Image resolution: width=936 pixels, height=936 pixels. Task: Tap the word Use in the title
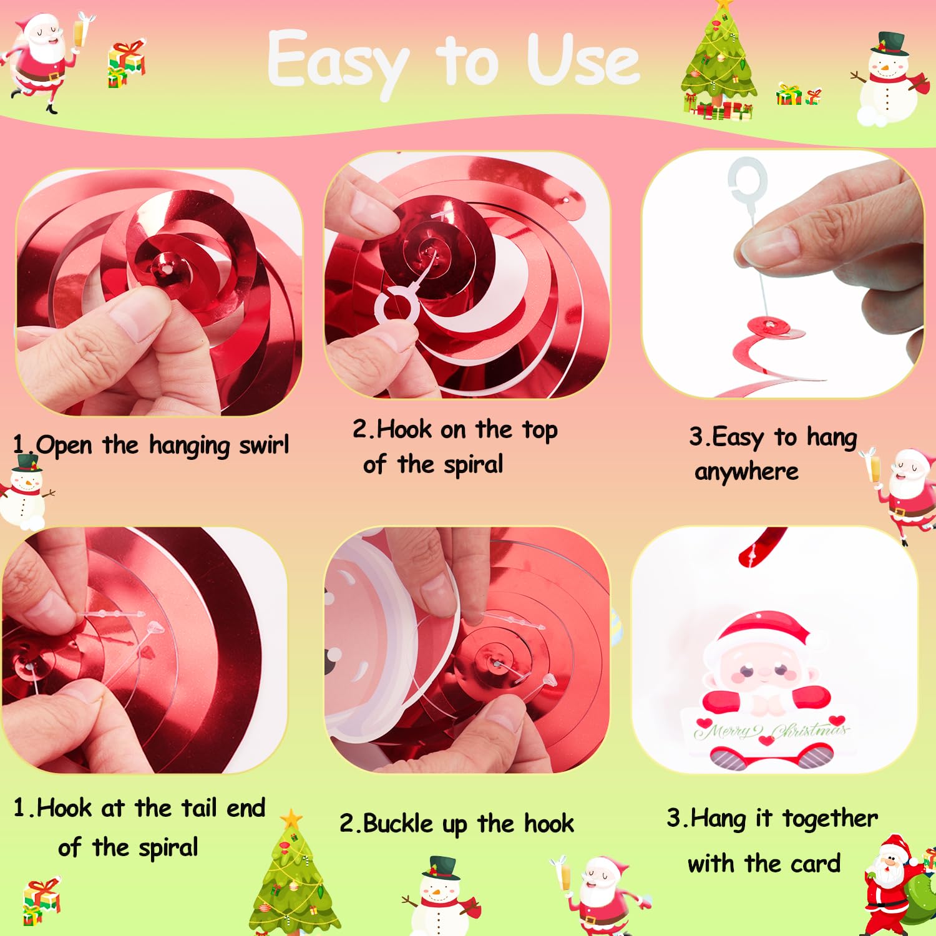coord(583,61)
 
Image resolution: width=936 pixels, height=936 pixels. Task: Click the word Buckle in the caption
coord(397,823)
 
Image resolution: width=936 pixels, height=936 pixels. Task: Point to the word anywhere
coord(746,472)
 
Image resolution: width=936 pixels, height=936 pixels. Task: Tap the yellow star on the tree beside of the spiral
coord(291,818)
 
